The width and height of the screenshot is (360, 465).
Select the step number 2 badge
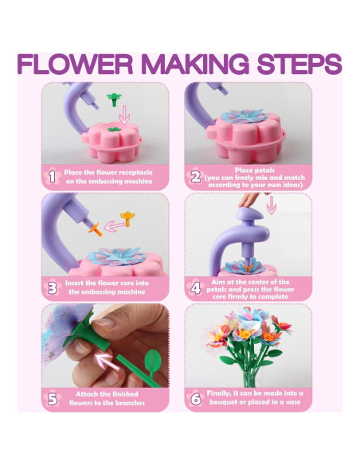pos(195,174)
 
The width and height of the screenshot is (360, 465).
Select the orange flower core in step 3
pos(95,228)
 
